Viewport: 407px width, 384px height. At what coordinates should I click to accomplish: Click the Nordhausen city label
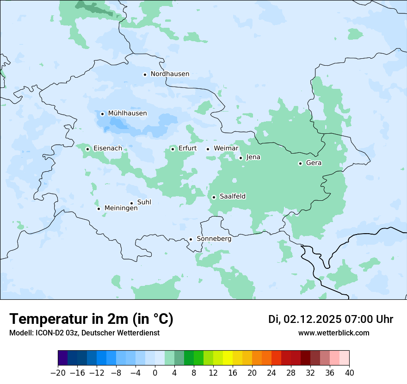coord(170,74)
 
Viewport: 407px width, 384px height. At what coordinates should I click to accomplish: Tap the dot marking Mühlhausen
coord(102,114)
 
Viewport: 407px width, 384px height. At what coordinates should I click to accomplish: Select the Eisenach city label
coord(108,149)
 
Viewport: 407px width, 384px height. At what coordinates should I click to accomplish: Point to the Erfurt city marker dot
coord(173,149)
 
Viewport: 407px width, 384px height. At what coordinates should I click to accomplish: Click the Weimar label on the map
coord(226,149)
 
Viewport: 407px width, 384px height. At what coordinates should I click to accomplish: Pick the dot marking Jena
coord(240,158)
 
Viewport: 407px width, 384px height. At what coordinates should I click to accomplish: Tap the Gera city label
coord(314,163)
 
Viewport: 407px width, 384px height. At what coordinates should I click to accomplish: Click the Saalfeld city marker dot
coord(214,197)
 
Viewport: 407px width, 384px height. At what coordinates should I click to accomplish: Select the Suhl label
coord(144,202)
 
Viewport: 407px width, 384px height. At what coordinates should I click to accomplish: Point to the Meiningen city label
coord(121,208)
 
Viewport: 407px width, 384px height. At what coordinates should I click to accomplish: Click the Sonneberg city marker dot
coord(191,240)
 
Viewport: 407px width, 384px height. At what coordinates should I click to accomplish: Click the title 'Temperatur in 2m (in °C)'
coord(91,319)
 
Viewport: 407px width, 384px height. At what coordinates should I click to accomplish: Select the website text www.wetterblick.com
coord(333,333)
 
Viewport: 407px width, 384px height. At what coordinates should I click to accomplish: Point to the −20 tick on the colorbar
coord(58,372)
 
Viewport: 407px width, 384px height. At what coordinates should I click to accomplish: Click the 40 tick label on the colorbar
coord(349,372)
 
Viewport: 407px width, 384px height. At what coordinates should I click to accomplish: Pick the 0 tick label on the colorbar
coord(155,372)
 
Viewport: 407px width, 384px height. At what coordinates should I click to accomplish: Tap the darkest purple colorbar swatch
coord(62,358)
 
